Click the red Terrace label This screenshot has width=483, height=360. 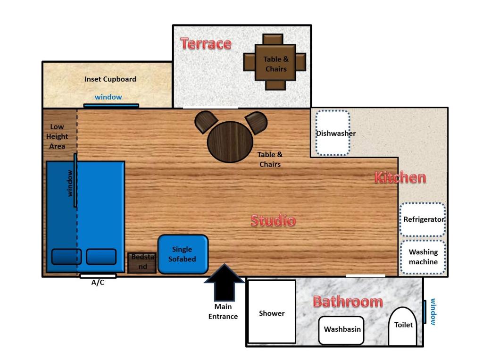pyautogui.click(x=206, y=43)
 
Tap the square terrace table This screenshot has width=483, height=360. pyautogui.click(x=275, y=62)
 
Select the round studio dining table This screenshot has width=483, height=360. pyautogui.click(x=230, y=142)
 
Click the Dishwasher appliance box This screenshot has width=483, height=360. pyautogui.click(x=333, y=133)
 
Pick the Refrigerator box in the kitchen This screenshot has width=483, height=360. pyautogui.click(x=423, y=219)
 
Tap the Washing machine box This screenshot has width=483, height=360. pyautogui.click(x=423, y=257)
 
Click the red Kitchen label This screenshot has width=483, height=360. pyautogui.click(x=400, y=178)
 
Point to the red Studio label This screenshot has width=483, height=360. pyautogui.click(x=273, y=220)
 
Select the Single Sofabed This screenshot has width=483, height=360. pyautogui.click(x=183, y=254)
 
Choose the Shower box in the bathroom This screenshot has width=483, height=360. pyautogui.click(x=272, y=312)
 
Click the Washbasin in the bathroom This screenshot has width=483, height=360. pyautogui.click(x=342, y=330)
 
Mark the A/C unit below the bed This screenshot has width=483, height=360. pyautogui.click(x=98, y=276)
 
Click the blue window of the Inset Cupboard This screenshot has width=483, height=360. pyautogui.click(x=111, y=105)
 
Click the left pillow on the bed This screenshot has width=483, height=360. pyautogui.click(x=66, y=257)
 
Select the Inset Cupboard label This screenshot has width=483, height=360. pyautogui.click(x=110, y=79)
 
